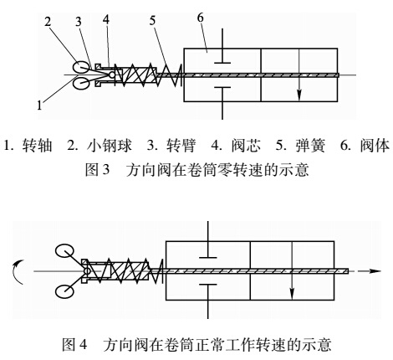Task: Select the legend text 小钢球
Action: coord(95,143)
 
